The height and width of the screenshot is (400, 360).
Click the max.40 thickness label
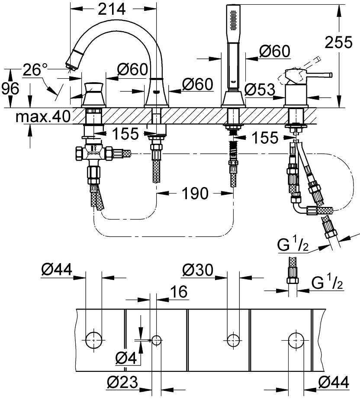point(42,117)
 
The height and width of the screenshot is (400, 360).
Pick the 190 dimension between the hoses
point(196,193)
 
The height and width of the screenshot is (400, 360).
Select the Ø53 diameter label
point(260,89)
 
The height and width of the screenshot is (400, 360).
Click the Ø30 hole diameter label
point(198,271)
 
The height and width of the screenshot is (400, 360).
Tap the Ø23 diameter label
point(122,382)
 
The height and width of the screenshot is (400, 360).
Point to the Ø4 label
point(126,358)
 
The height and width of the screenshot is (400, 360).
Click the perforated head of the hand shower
point(233,17)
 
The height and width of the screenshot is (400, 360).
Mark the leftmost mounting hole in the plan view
point(93,339)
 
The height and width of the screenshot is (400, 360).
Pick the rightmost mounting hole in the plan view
point(296,339)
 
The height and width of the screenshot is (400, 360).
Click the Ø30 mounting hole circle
point(233,339)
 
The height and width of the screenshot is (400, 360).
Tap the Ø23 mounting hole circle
point(156,339)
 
